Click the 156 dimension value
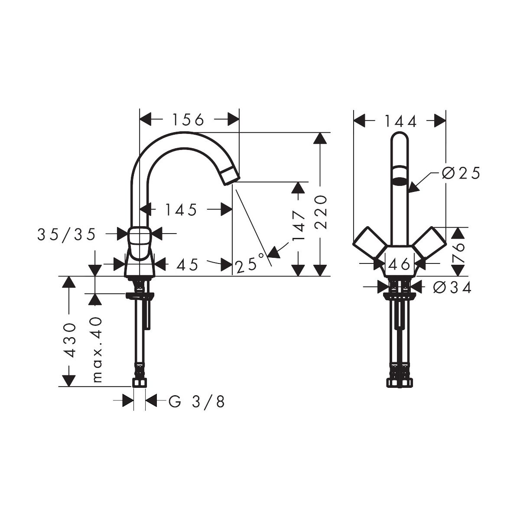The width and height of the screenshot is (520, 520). coord(188,120)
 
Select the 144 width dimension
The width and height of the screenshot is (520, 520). coord(400,121)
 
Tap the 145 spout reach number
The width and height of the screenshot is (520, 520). coord(181,210)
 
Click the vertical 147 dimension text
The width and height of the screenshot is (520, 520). coord(299,226)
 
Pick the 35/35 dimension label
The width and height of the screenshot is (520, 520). coord(66,234)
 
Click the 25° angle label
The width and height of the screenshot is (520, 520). coord(250,263)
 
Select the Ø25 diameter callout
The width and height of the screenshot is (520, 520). coord(461,173)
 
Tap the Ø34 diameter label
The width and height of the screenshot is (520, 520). coord(452,287)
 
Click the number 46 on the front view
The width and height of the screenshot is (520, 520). coord(399,264)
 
